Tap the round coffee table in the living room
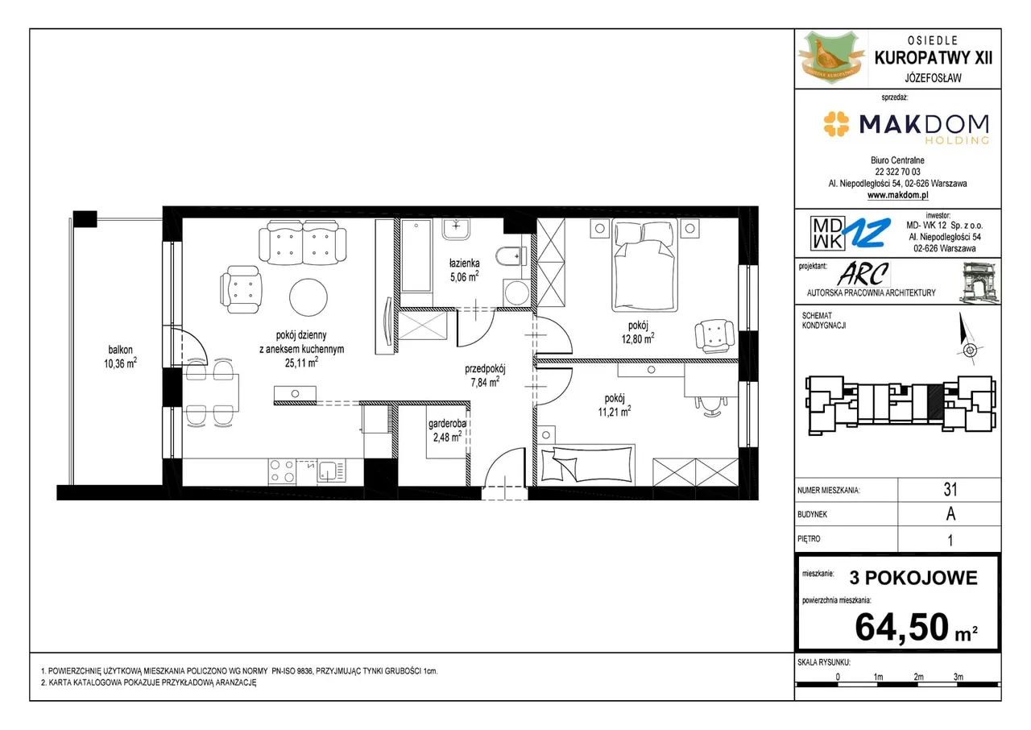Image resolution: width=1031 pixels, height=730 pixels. (308, 297)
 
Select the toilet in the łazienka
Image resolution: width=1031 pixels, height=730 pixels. (511, 256)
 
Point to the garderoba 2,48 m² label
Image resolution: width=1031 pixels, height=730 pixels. (447, 430)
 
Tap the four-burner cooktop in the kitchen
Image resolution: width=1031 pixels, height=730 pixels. (282, 471)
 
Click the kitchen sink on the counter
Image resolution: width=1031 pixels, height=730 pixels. (331, 471)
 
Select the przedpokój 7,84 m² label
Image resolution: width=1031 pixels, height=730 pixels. (485, 375)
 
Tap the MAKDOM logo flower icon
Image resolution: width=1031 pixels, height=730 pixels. (836, 124)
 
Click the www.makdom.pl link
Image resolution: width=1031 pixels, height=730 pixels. (897, 195)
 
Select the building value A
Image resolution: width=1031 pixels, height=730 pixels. (950, 514)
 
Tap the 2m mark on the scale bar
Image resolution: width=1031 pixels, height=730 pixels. (918, 677)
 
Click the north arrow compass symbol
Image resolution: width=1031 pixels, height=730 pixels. (968, 340)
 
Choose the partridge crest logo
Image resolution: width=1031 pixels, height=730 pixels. (831, 57)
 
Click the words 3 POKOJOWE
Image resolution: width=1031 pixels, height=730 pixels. (913, 578)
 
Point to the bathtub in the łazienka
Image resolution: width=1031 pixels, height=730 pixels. (416, 256)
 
